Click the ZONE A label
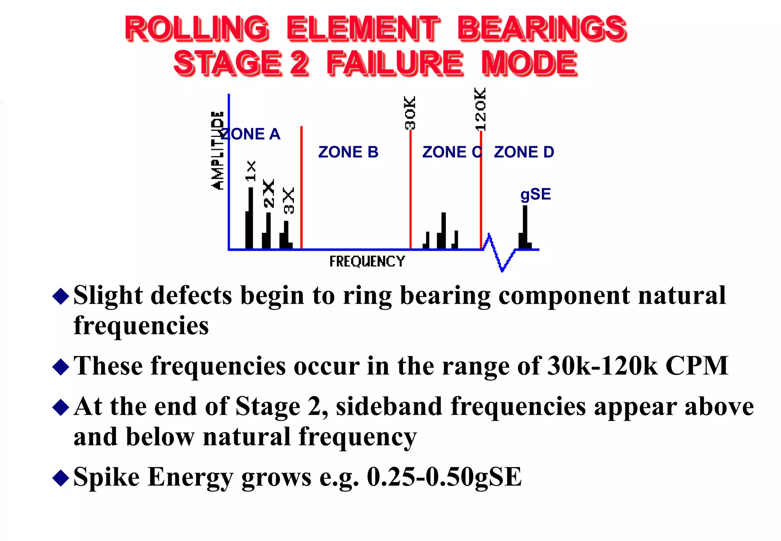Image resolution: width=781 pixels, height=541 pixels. (x=251, y=134)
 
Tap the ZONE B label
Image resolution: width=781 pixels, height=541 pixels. (x=348, y=152)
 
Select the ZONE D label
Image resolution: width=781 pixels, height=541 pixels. (x=524, y=152)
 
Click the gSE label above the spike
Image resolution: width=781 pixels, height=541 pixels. (x=535, y=194)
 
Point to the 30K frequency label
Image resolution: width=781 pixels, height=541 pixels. (x=410, y=113)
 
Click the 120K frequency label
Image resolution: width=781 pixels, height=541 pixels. (x=480, y=109)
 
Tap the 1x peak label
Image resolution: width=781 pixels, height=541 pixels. (x=251, y=171)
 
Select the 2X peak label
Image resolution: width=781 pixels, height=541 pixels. (x=269, y=193)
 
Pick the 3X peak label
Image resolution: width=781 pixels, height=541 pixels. (x=289, y=201)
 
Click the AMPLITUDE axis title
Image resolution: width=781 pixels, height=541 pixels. (x=218, y=150)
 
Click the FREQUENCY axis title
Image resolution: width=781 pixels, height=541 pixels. (x=367, y=261)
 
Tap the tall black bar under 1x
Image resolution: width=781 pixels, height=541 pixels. (x=250, y=218)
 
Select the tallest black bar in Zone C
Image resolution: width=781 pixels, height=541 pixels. (x=443, y=230)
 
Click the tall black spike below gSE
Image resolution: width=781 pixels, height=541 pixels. (x=525, y=227)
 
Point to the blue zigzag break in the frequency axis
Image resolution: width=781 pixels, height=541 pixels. (x=499, y=252)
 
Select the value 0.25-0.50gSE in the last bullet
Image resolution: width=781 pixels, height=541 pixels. (x=444, y=477)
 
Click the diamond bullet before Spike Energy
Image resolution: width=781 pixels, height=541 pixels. (x=61, y=477)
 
